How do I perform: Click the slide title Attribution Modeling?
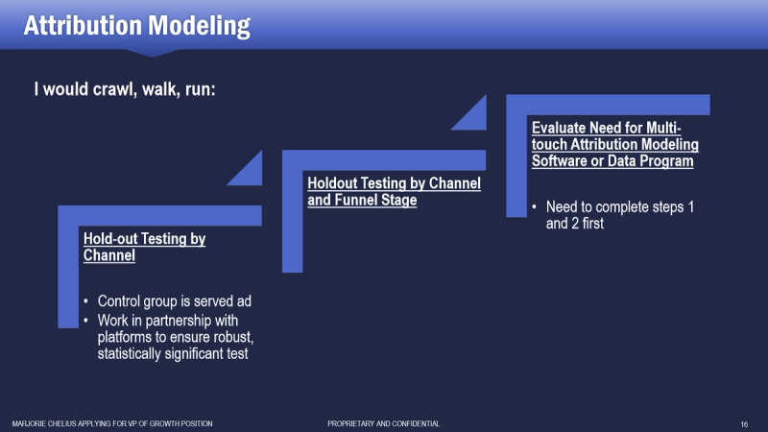136,26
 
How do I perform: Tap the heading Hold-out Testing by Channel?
145,247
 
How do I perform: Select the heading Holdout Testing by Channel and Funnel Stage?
395,191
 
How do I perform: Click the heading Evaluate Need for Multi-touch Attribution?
615,144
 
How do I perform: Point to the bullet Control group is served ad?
175,300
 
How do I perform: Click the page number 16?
744,424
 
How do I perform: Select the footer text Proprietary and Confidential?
383,423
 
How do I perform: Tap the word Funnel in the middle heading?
356,200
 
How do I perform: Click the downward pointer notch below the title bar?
152,53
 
